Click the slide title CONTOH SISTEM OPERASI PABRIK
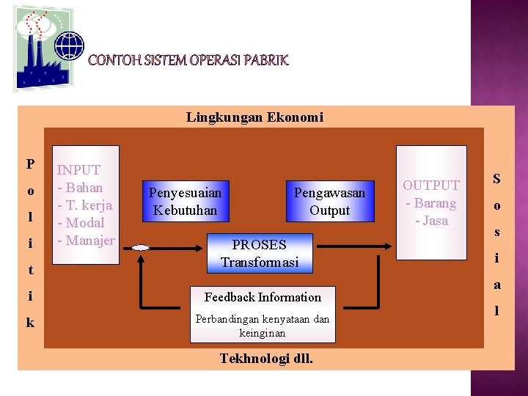tap(188, 60)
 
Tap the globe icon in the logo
tap(70, 45)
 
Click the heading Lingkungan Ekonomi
tap(254, 117)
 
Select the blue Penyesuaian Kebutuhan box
tap(185, 202)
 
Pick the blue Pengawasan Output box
tap(329, 202)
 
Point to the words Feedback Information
tap(263, 297)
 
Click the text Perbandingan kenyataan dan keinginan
tap(263, 326)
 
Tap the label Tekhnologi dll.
tap(266, 359)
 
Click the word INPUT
tap(79, 170)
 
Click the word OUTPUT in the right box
tap(431, 186)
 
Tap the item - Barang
tap(431, 203)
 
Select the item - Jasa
tap(431, 220)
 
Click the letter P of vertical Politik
tap(30, 164)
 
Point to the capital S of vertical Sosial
tap(496, 179)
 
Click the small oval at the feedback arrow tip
tap(141, 249)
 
